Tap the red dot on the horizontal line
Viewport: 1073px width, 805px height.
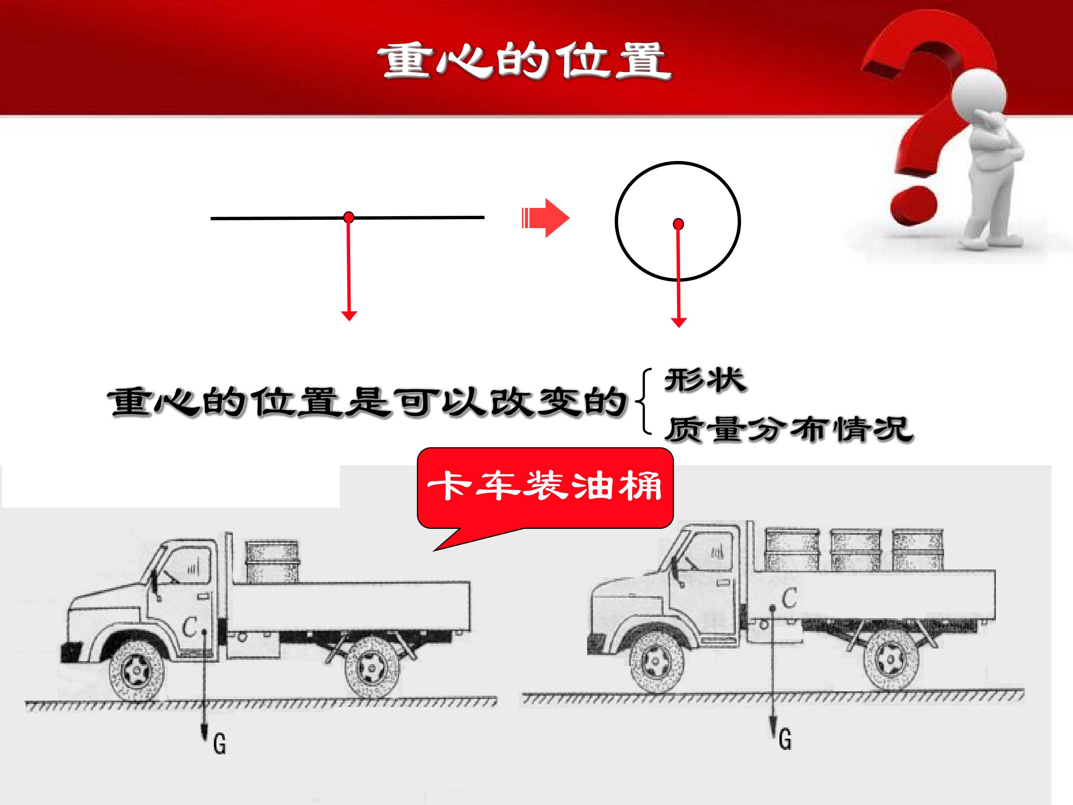[348, 217]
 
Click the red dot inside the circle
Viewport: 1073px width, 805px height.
[678, 224]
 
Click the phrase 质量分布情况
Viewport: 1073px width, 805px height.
[788, 429]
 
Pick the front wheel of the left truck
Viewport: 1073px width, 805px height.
[136, 670]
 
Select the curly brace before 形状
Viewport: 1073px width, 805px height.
[646, 402]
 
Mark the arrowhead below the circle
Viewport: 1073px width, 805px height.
[678, 322]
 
